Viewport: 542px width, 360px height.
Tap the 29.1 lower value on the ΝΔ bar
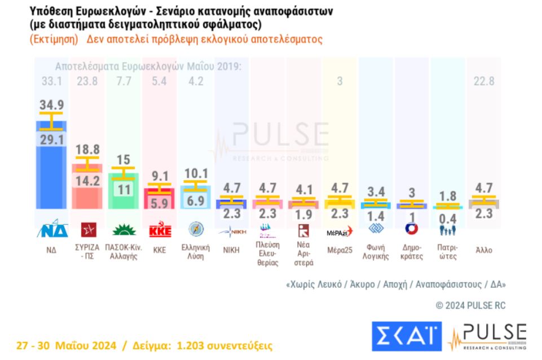tap(51, 139)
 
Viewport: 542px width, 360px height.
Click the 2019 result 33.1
tap(51, 81)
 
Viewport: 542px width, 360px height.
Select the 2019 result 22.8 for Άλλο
tap(483, 81)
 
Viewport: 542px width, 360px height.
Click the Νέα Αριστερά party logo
tap(303, 231)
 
